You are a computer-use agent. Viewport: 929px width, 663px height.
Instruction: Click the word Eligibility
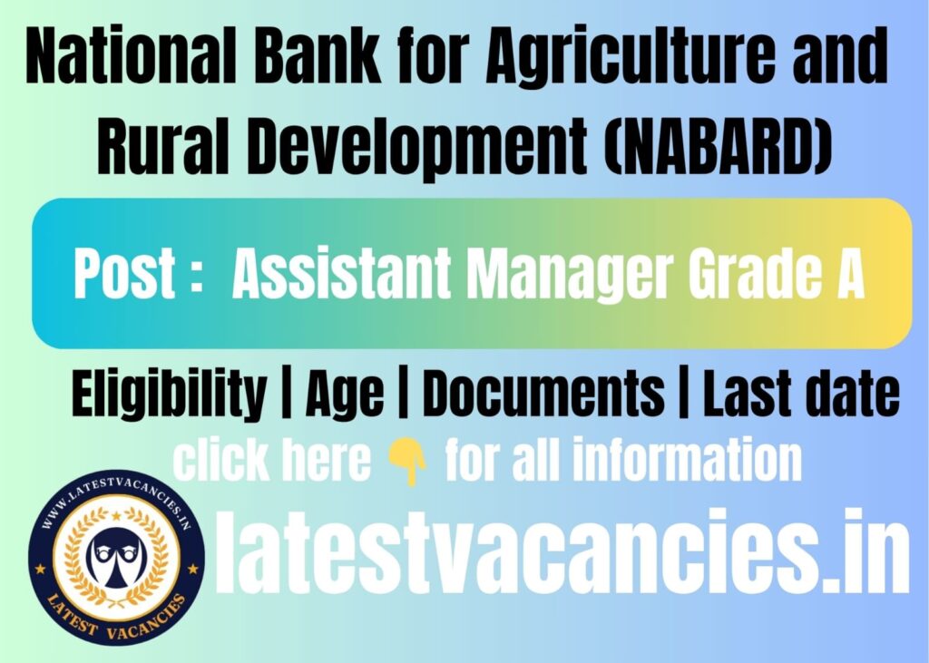coord(169,395)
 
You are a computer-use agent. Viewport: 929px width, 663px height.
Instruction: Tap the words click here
coord(271,462)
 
